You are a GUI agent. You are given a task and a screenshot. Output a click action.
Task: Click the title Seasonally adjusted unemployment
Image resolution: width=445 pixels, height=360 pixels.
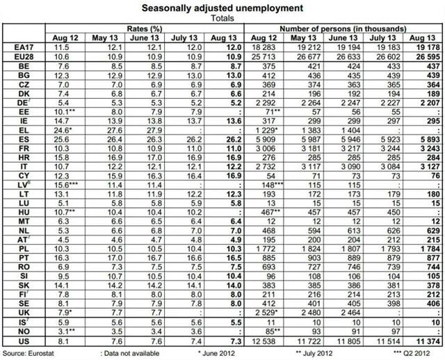222,8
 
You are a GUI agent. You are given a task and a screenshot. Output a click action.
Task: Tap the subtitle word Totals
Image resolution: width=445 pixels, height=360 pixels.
222,19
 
